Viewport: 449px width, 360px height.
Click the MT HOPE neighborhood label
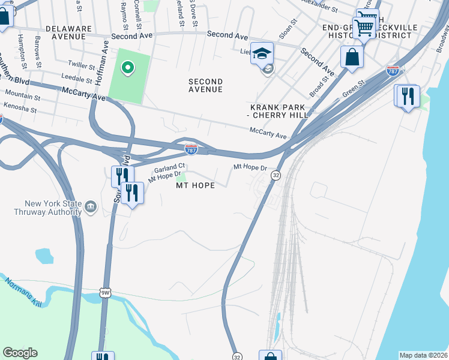195,185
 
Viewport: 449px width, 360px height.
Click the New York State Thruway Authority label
48,208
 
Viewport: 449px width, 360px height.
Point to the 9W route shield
105,292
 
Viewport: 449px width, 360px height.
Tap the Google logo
20,353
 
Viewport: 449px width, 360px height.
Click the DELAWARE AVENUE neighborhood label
68,32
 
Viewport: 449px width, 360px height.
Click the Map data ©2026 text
424,355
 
